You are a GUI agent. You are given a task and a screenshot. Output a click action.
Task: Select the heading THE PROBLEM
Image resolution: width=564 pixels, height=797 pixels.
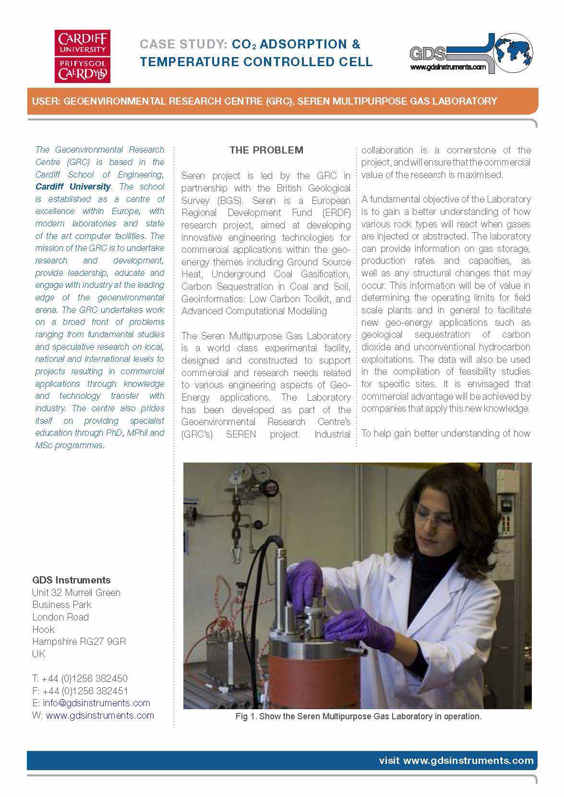[x=266, y=150]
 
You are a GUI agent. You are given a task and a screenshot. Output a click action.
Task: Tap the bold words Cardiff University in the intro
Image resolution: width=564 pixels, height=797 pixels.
[x=73, y=187]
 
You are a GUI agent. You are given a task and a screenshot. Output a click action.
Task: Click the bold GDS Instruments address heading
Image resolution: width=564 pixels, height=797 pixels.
[x=71, y=580]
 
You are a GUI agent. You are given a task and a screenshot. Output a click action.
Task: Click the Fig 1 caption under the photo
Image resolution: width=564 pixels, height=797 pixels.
[x=358, y=716]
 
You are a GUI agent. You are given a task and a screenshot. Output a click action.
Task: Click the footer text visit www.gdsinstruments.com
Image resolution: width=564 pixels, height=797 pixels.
[x=456, y=761]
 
